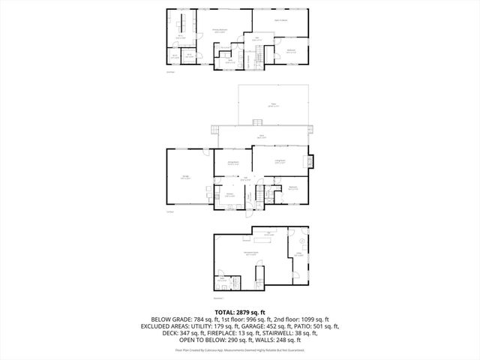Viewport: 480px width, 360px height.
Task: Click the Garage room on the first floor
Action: click(x=185, y=178)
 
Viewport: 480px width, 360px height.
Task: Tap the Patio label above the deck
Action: click(x=273, y=106)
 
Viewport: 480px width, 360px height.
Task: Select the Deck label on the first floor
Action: click(x=261, y=136)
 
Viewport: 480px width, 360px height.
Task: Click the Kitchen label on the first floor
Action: click(x=230, y=195)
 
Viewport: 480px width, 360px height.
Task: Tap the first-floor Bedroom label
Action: click(x=293, y=187)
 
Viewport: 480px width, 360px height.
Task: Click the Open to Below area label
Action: click(x=280, y=19)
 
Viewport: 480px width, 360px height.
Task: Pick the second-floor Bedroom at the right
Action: click(x=291, y=51)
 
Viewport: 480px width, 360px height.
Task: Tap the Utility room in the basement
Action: click(x=298, y=254)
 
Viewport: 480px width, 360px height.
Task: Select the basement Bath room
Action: click(x=223, y=282)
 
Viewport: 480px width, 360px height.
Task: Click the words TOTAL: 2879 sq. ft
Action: click(x=240, y=312)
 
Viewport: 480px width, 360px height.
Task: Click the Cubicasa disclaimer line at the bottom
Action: click(x=240, y=350)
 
